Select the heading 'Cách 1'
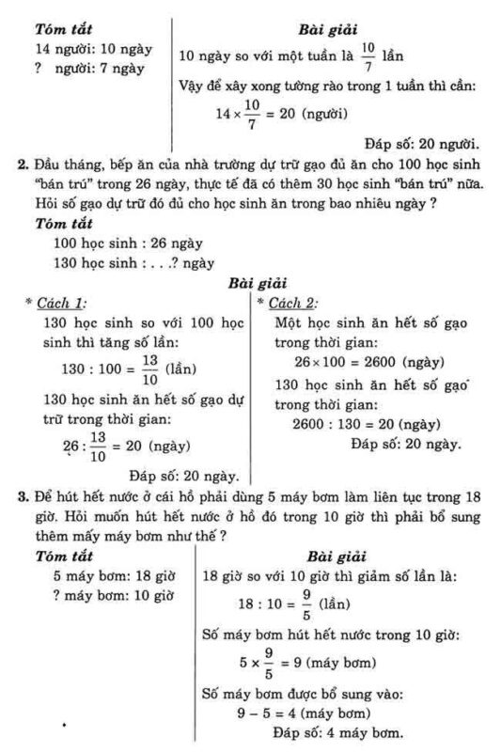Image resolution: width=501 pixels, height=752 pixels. [x=63, y=303]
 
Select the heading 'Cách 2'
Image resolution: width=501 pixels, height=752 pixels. [x=292, y=303]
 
